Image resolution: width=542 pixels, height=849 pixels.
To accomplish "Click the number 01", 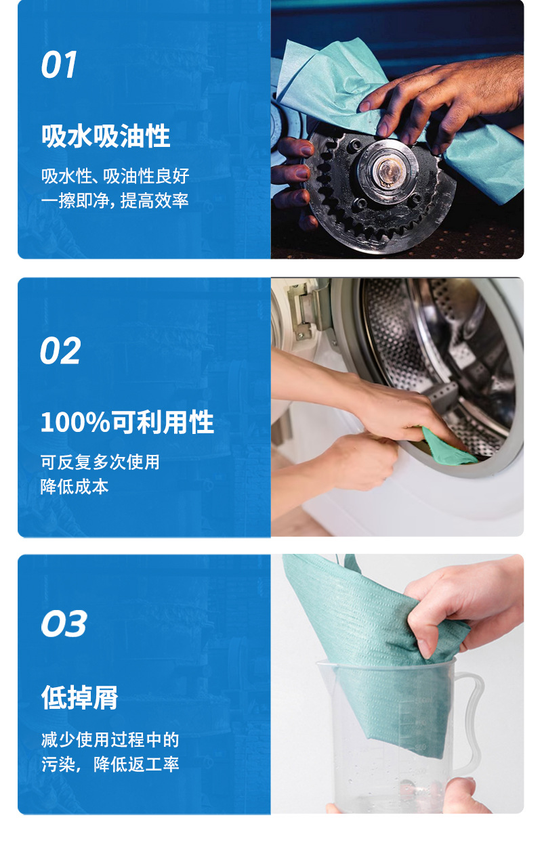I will click(x=59, y=65).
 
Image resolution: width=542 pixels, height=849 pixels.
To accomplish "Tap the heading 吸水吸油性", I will click(x=106, y=136).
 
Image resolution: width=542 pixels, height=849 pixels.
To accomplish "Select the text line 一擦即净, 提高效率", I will click(x=114, y=201).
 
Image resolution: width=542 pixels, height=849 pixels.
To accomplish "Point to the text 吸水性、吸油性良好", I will click(x=115, y=177).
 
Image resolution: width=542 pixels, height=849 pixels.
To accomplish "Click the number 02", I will click(x=60, y=351).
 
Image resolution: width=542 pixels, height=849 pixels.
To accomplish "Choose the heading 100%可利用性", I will click(x=127, y=423).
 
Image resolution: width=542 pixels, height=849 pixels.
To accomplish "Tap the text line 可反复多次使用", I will click(x=100, y=462).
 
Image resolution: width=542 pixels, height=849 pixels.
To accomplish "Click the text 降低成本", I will click(x=75, y=487).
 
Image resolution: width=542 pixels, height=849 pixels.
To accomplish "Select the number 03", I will click(x=64, y=624).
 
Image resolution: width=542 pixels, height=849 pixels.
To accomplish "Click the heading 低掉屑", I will click(x=80, y=697).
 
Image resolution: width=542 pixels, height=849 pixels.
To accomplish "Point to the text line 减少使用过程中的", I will click(x=110, y=740).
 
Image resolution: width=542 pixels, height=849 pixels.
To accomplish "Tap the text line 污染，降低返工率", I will click(x=110, y=765).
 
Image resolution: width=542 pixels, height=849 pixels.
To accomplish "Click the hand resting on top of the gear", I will click(x=447, y=95).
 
